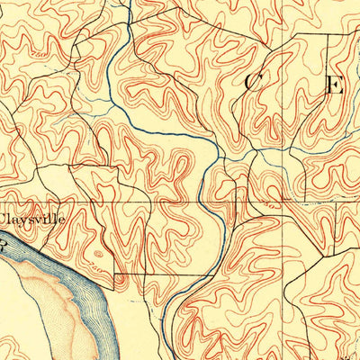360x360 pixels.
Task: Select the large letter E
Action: click(335, 86)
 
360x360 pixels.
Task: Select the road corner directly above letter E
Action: click(328, 34)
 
